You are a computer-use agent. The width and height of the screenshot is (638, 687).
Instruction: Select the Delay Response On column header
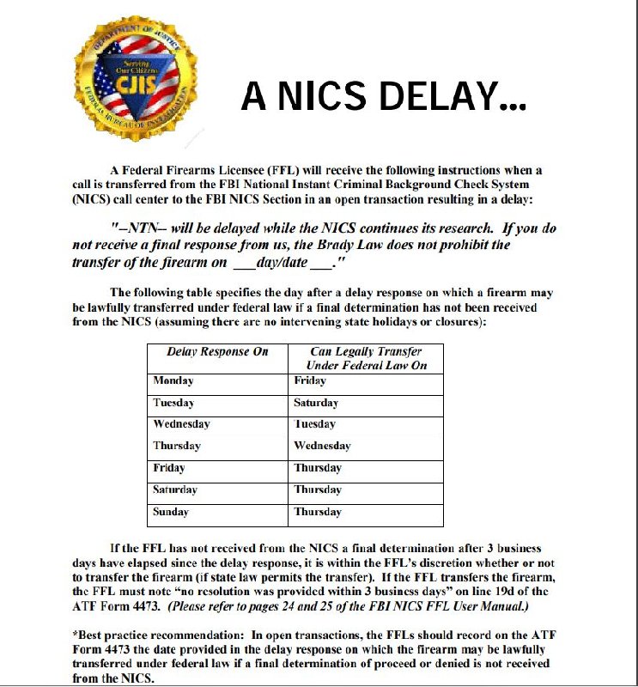tap(217, 351)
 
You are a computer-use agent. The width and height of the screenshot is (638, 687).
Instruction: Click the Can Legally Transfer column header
tap(366, 358)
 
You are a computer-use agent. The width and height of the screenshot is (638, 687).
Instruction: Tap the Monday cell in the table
tap(173, 380)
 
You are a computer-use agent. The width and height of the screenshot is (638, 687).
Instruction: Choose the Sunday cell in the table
tap(172, 512)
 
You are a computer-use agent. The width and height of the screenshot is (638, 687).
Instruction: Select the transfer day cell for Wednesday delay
tap(315, 424)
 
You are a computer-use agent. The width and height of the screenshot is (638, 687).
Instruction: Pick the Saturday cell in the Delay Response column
tap(175, 489)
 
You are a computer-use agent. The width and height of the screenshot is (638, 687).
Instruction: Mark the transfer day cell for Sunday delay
tap(318, 512)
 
